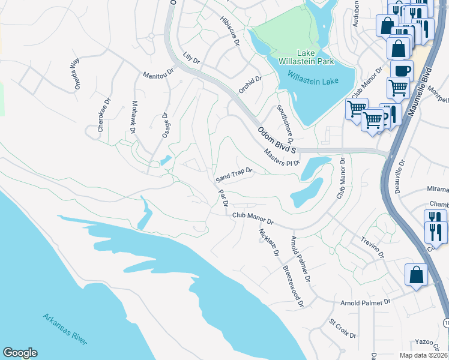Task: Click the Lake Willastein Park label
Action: pyautogui.click(x=306, y=56)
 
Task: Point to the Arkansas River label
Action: pyautogui.click(x=65, y=328)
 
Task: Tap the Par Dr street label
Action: pyautogui.click(x=223, y=198)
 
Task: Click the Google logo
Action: pyautogui.click(x=20, y=352)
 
